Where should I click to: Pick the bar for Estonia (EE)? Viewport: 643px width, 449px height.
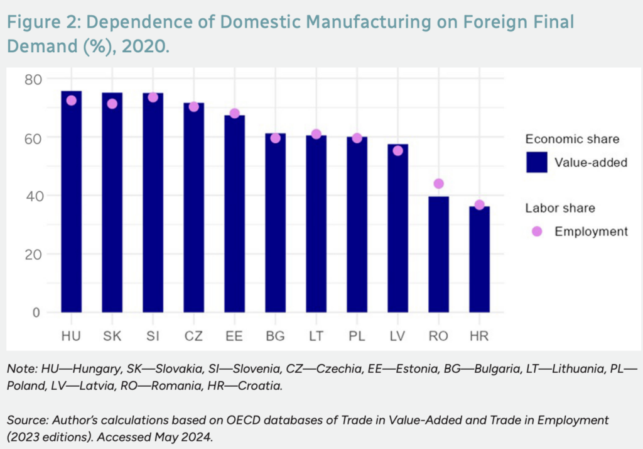(x=234, y=214)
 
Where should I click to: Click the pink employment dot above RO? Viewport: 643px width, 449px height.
(x=438, y=184)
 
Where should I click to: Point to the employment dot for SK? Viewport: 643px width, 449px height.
(x=112, y=104)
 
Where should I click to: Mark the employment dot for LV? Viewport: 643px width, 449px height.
(x=397, y=151)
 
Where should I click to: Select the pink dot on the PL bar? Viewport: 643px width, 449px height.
(x=357, y=138)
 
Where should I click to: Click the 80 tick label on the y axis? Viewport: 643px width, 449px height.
(x=33, y=79)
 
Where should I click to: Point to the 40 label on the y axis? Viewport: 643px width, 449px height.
(x=33, y=196)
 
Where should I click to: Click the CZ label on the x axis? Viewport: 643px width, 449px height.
(x=193, y=336)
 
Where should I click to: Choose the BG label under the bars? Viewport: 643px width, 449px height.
(x=275, y=336)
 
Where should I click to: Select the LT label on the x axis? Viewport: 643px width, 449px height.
(x=316, y=336)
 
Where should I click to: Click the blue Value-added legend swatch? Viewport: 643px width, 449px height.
(x=537, y=162)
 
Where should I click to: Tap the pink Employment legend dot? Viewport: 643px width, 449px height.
(x=537, y=231)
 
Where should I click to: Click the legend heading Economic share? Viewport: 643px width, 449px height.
(x=572, y=139)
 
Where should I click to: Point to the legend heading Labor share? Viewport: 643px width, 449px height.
(x=560, y=208)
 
